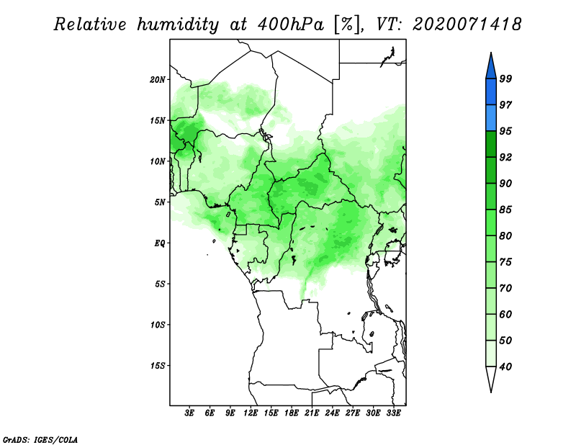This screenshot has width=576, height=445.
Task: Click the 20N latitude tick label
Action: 158,79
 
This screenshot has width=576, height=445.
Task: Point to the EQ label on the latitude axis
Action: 160,243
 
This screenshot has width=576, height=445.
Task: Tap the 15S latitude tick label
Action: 158,365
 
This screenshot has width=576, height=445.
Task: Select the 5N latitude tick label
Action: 160,202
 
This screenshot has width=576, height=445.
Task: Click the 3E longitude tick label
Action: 189,413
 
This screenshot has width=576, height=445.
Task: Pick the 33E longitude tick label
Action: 393,413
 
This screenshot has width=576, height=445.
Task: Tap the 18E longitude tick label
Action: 292,413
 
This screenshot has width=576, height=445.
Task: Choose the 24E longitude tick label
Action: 332,413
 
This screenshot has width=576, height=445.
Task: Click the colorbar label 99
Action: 505,78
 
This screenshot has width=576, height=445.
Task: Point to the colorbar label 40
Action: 505,367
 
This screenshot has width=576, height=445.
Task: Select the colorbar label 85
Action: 505,210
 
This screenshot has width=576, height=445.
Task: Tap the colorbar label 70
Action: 505,288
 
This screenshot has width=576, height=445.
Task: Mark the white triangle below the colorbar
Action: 491,378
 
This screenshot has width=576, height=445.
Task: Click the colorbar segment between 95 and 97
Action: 491,118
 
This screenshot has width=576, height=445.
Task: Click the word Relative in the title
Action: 90,24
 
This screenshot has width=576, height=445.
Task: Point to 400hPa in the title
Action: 291,24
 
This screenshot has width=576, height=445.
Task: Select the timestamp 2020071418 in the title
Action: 467,24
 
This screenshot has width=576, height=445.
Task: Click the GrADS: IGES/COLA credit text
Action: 40,439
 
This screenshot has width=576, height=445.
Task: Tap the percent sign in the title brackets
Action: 347,24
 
